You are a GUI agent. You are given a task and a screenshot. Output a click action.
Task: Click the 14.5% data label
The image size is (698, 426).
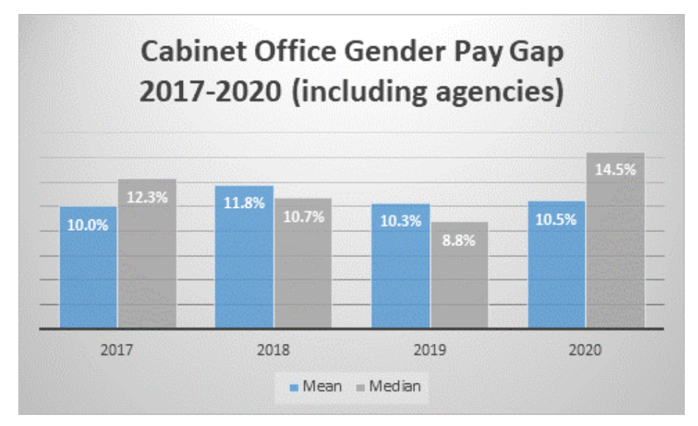tap(616, 168)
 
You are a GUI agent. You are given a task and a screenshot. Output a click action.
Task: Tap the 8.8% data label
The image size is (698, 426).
tap(459, 239)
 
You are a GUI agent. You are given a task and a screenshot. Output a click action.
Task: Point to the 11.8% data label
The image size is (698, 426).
tap(244, 203)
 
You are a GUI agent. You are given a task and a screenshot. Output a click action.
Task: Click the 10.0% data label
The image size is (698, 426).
tap(88, 225)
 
